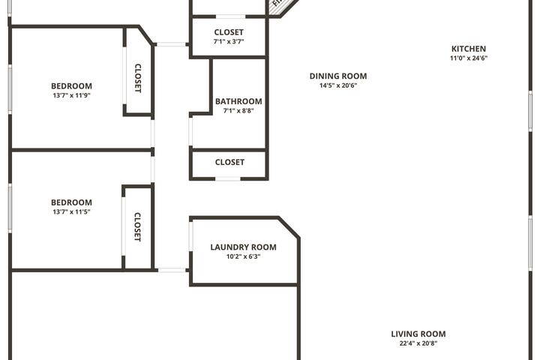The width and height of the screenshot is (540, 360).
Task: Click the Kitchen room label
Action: tap(468, 49)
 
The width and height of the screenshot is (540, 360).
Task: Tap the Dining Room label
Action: tap(338, 76)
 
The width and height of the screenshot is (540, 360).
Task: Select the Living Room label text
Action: tap(418, 334)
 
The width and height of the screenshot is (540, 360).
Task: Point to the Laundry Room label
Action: tap(243, 247)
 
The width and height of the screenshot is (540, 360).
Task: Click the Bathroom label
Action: tap(238, 101)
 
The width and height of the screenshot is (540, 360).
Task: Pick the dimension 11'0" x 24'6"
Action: tap(468, 58)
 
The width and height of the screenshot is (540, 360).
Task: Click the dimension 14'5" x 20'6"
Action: tap(338, 85)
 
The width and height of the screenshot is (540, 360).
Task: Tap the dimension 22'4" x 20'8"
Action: tap(418, 343)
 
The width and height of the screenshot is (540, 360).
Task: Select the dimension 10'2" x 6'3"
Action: tap(243, 256)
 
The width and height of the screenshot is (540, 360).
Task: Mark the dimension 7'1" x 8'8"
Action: tap(238, 111)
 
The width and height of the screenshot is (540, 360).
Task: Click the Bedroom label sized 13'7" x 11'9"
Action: tap(71, 85)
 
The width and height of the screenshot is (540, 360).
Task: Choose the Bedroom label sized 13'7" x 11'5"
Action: tap(71, 202)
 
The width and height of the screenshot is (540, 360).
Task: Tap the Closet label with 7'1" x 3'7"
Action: tap(229, 32)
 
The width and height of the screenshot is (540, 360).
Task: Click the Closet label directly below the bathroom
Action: tap(229, 162)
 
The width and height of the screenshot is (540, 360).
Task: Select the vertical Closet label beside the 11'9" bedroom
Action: tap(138, 78)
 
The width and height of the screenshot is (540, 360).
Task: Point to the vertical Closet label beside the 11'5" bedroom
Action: tap(138, 226)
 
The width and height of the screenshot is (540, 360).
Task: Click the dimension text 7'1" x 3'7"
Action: tap(229, 42)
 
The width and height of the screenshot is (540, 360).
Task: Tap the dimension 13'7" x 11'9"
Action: tap(71, 95)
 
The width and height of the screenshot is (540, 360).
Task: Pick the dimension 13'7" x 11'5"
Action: tap(71, 212)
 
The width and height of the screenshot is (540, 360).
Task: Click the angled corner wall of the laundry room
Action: tap(289, 228)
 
